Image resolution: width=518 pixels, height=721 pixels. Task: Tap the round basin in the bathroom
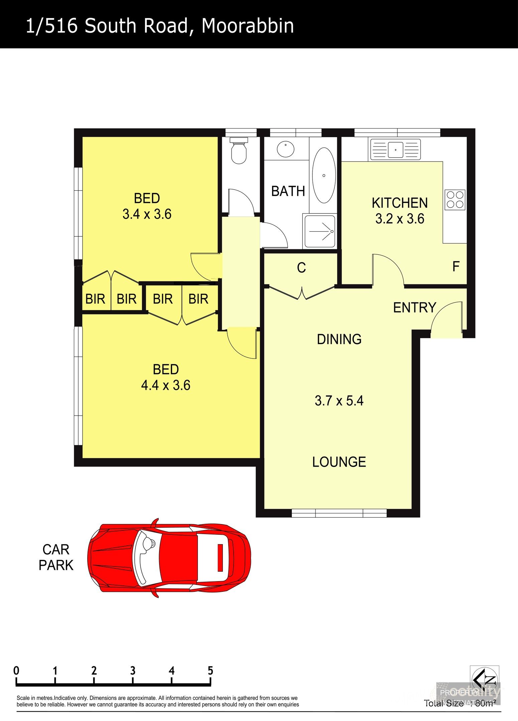(285, 149)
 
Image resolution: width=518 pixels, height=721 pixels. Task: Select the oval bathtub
(323, 175)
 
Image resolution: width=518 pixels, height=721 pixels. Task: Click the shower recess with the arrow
(319, 231)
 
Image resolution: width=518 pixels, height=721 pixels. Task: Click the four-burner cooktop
(455, 200)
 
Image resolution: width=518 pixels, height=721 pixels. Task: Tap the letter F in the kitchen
(456, 266)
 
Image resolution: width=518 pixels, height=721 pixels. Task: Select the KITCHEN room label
(400, 203)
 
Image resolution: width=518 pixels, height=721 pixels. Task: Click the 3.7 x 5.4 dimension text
(339, 400)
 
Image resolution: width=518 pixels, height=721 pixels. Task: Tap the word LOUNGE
(339, 462)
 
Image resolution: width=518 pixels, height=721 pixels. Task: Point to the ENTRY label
(414, 307)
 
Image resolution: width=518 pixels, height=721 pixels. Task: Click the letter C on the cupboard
(301, 268)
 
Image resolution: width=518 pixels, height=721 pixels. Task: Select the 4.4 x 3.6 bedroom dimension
(166, 385)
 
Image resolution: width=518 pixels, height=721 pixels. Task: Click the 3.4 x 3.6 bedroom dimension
(147, 214)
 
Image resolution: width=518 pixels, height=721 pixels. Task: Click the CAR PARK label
(56, 557)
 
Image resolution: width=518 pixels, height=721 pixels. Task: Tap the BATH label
(288, 191)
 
